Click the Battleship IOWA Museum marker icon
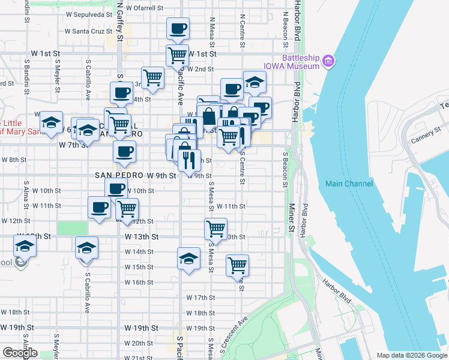[x=328, y=61]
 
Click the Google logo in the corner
[x=20, y=353]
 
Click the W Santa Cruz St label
[x=89, y=31]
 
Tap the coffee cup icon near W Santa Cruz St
[x=178, y=28]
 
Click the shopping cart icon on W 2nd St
[x=153, y=77]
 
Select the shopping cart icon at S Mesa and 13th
[x=215, y=228]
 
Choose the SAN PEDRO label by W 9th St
[x=119, y=176]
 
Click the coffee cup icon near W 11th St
[x=99, y=208]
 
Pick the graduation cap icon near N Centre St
[x=255, y=82]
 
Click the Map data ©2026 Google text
[x=411, y=355]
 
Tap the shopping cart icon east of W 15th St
[x=237, y=264]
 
